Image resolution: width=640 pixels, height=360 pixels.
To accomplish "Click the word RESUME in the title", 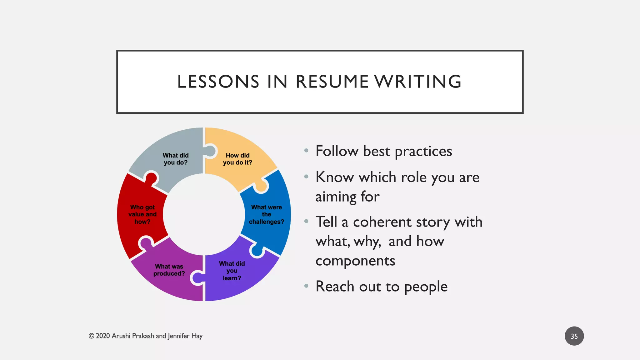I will tap(332, 82).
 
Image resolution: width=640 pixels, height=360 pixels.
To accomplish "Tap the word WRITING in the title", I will tap(418, 82).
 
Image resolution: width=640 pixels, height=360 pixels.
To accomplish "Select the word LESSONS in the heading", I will tap(218, 82).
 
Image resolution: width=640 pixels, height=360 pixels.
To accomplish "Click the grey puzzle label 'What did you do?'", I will tap(176, 159).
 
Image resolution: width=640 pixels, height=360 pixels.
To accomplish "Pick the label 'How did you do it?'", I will tap(237, 159).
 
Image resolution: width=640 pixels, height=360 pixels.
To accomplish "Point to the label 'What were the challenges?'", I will tap(267, 214).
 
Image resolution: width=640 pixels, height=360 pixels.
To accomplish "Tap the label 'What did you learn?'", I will tap(232, 271).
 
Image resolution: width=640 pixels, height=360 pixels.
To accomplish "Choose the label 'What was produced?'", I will tap(169, 270).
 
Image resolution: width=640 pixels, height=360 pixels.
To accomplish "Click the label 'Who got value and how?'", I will tap(142, 214).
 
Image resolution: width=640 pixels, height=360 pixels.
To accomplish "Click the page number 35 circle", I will tap(574, 336).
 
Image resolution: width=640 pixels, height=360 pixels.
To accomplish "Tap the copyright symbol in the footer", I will tap(91, 336).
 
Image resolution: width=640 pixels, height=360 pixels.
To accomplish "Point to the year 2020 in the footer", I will tap(103, 336).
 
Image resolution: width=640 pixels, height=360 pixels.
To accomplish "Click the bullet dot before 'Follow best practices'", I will tap(306, 151).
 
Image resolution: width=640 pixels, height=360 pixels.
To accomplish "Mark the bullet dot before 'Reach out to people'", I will tap(306, 286).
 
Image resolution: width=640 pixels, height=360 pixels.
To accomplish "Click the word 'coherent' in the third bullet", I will tap(382, 222).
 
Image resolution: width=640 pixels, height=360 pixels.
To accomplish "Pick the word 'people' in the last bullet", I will tap(426, 287).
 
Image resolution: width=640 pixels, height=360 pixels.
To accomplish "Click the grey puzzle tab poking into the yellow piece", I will tap(211, 151).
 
